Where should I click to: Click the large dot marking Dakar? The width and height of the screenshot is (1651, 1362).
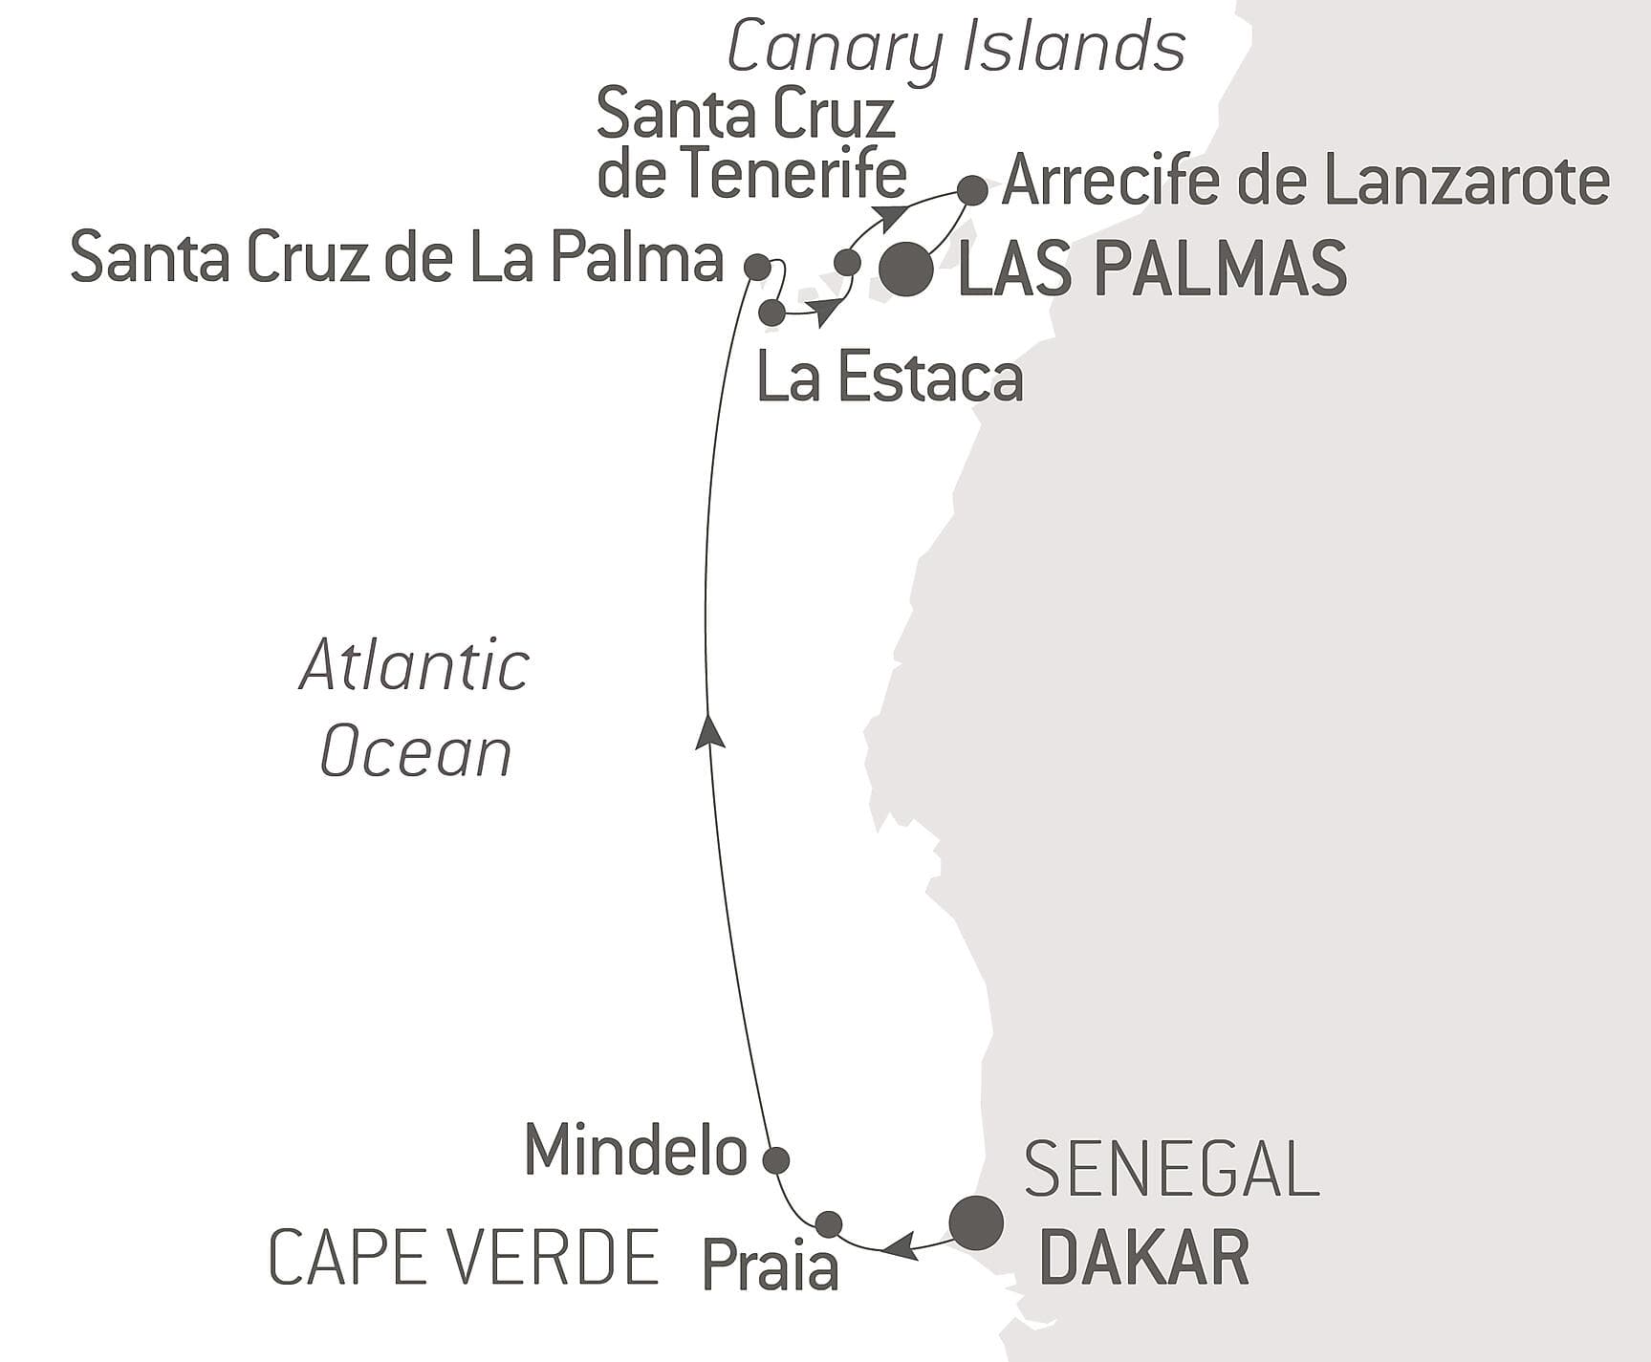pos(976,1221)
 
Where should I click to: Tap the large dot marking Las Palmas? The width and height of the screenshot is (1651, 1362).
pos(906,270)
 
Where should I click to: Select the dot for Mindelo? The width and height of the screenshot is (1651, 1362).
pos(775,1159)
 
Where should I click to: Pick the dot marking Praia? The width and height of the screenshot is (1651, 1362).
pos(829,1223)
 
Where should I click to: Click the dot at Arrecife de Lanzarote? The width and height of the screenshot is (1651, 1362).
pos(972,190)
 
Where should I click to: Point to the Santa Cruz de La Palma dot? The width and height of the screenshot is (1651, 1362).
pos(757,267)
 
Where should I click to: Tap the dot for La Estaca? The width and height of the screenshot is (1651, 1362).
pos(771,312)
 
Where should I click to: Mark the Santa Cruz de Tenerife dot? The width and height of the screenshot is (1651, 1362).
pos(847,261)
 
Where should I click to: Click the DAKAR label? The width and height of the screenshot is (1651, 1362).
pos(1143,1259)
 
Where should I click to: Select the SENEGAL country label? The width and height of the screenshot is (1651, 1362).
pos(1172,1168)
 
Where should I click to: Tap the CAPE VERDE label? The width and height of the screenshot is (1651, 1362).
pos(465,1258)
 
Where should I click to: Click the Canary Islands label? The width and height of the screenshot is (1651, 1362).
pos(956,48)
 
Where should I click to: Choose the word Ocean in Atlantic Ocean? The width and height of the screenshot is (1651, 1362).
pos(416,752)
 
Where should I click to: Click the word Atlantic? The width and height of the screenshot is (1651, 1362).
pos(415,666)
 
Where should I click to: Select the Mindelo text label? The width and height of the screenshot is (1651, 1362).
pos(636,1150)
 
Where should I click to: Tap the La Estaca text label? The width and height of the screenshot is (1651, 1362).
pos(890,378)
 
